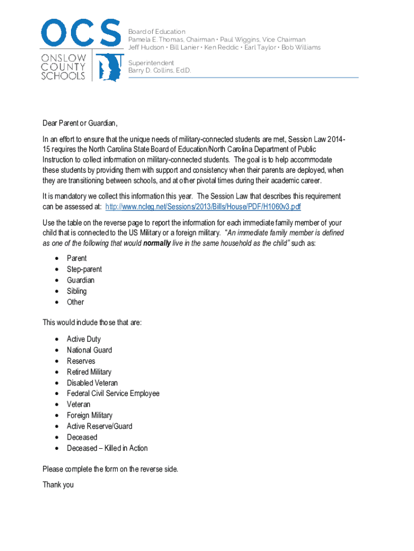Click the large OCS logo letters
(81, 33)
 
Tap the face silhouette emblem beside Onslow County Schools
(110, 67)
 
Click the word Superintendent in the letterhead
(151, 63)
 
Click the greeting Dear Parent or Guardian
(80, 123)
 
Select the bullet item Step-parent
(84, 269)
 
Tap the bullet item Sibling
(77, 291)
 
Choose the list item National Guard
(89, 350)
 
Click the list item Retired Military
(89, 372)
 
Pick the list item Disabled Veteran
(92, 383)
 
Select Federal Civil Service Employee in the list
(113, 393)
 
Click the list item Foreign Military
(90, 415)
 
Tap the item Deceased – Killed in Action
(107, 448)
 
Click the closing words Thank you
(58, 484)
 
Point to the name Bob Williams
(301, 47)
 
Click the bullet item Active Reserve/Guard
(99, 426)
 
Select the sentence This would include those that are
(92, 323)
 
